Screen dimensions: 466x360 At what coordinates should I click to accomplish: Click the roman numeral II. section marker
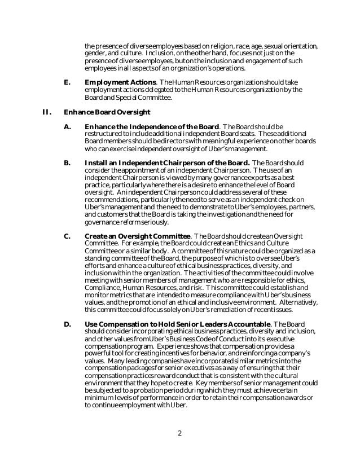point(48,111)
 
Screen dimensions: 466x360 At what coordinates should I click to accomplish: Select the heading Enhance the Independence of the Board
point(152,126)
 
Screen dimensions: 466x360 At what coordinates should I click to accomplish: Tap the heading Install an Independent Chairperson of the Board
point(168,163)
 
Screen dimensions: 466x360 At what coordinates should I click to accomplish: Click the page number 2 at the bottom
point(179,433)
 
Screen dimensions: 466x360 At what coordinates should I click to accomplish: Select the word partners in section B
point(305,207)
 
